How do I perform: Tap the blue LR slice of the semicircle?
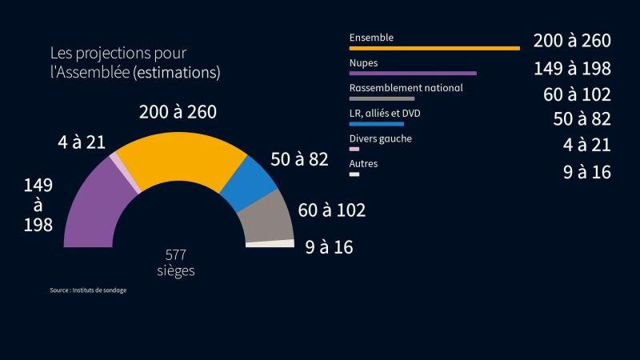[249, 182]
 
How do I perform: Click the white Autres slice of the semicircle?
[270, 244]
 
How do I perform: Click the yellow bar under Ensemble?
[434, 48]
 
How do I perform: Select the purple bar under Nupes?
[413, 73]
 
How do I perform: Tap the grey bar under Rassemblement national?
[382, 98]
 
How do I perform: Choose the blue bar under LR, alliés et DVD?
[377, 124]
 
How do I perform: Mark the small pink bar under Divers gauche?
[354, 150]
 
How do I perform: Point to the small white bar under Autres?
[354, 174]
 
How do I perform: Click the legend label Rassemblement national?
[406, 88]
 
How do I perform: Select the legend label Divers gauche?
[381, 139]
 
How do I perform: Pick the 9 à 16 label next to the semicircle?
[329, 247]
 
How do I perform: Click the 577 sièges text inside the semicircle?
[176, 262]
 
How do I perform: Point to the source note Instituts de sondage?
[88, 290]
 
